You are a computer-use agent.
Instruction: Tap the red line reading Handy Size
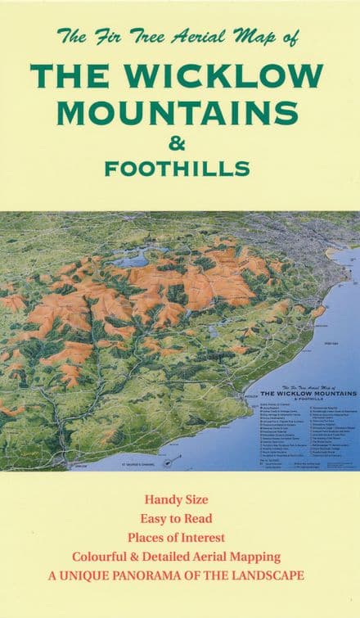click(x=178, y=499)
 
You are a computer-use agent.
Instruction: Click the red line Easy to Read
click(x=178, y=518)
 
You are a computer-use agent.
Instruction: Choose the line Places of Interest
click(x=178, y=537)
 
